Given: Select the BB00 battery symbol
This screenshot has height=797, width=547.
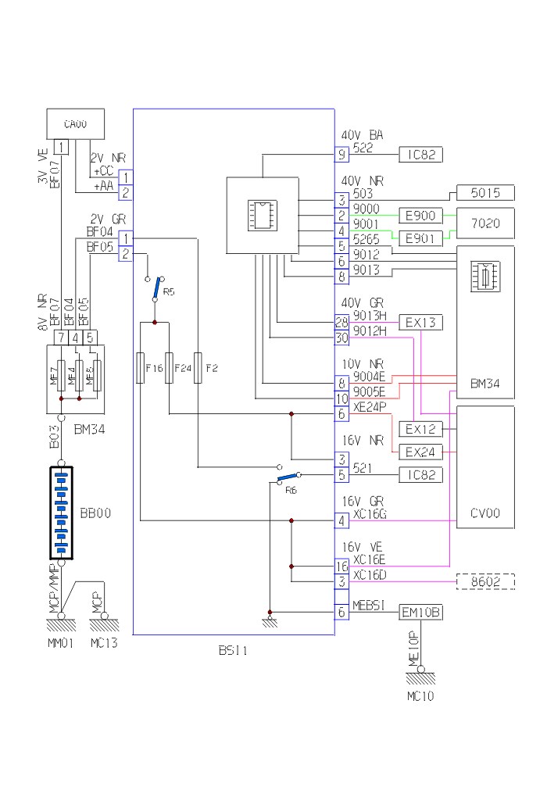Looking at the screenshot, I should pos(61,513).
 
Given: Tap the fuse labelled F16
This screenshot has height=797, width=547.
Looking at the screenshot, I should pos(140,367).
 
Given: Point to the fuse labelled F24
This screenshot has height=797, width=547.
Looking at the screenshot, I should pos(169,367).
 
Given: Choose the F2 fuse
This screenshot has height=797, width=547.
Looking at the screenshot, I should pos(198,367).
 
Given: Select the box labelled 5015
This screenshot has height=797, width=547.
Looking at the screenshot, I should pos(485,193).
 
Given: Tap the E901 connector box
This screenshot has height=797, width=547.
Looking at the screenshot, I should pos(420,238).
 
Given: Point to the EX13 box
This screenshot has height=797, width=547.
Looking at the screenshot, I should pos(420,322).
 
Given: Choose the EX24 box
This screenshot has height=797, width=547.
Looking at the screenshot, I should pos(420,452).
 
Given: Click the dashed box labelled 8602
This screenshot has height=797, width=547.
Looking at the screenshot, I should pos(485,581).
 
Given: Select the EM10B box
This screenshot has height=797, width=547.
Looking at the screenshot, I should pos(420,613).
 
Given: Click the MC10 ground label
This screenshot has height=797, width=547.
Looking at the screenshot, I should pos(420,695).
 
